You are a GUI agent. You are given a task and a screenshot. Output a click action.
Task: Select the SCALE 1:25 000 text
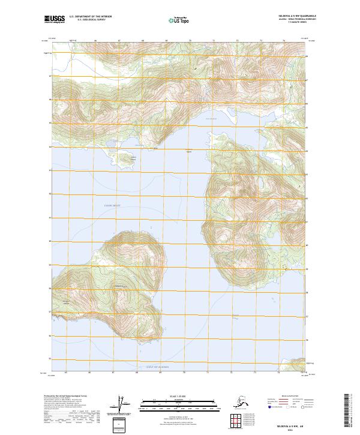178,395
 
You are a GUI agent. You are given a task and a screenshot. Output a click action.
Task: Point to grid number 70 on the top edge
190,41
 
